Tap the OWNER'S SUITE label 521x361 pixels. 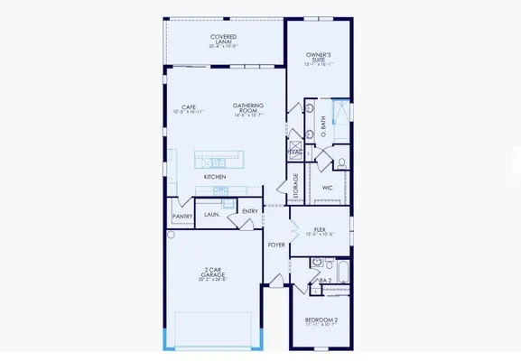[319, 57]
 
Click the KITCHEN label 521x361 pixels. [214, 177]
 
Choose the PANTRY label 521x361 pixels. [181, 217]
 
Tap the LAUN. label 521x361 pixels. [212, 215]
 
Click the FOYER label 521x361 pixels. [276, 245]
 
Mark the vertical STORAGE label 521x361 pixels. [295, 187]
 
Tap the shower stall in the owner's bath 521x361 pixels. [340, 111]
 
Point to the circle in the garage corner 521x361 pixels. [172, 235]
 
